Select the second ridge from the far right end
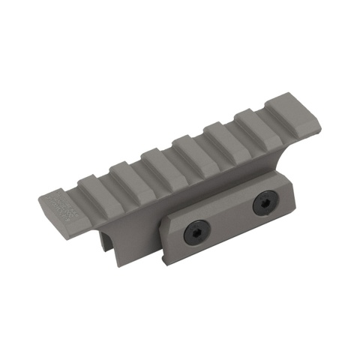255,121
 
